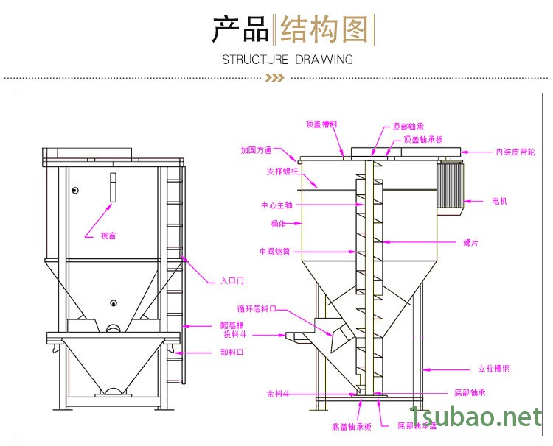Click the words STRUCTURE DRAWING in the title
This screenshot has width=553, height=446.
click(288, 59)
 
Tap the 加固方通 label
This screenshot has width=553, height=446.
click(256, 150)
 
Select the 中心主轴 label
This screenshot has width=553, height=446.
click(276, 205)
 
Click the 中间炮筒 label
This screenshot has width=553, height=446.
click(275, 252)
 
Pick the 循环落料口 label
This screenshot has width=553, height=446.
click(256, 309)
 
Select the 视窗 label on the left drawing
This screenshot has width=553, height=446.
click(108, 236)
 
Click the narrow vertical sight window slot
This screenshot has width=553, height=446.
click(114, 187)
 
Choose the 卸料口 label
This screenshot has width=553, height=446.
click(233, 352)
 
